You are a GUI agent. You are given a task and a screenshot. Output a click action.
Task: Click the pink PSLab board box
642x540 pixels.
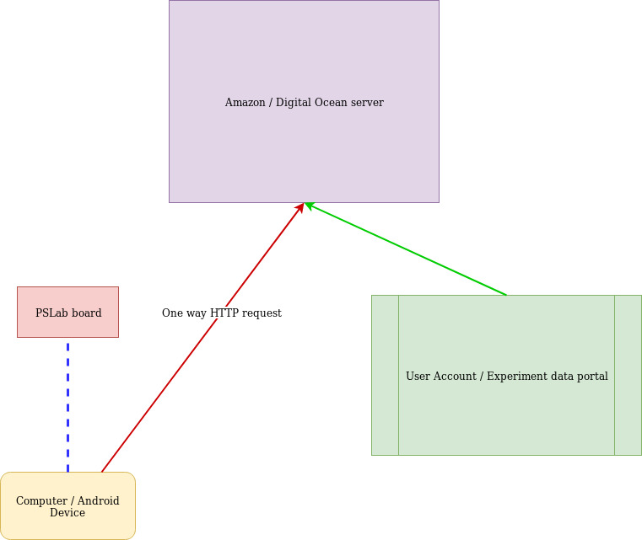point(67,324)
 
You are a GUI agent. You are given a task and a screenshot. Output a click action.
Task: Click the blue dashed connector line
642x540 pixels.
point(67,404)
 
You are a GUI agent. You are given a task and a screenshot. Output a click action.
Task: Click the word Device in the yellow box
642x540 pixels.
point(67,513)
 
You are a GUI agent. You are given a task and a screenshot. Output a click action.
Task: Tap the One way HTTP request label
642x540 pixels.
point(221,313)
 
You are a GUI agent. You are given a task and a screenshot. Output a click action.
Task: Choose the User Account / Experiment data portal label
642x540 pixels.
point(506,377)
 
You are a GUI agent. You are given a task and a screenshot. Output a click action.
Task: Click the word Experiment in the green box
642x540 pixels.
point(519,377)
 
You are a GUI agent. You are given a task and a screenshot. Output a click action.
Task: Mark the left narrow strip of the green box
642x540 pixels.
point(385,375)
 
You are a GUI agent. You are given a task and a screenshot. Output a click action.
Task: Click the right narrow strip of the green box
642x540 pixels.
point(628,375)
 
